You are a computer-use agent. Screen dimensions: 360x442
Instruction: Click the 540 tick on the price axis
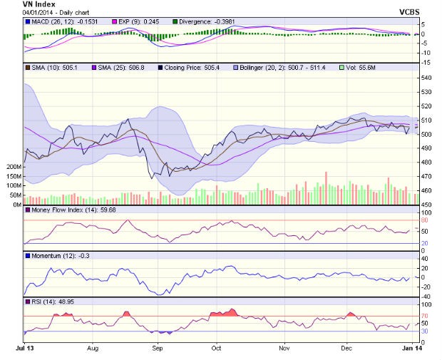click(x=425, y=78)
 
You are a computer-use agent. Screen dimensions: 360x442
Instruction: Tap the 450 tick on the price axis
click(x=425, y=205)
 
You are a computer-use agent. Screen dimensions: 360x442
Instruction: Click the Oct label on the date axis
click(x=216, y=349)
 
